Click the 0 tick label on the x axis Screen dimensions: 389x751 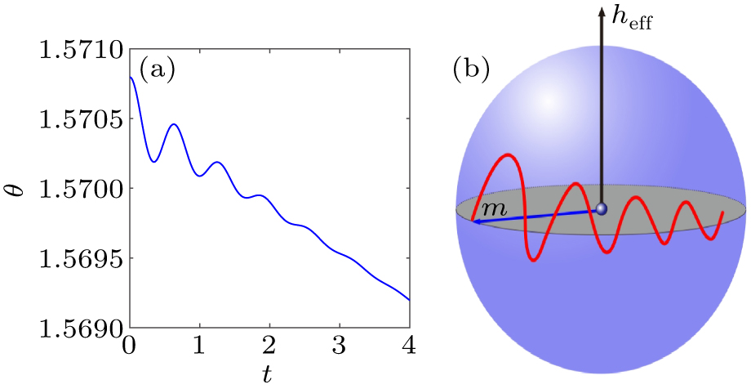coord(129,347)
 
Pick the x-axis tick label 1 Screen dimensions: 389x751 coord(199,347)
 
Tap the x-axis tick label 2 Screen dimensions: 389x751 coord(269,347)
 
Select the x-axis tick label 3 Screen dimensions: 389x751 coord(340,347)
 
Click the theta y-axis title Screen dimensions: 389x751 coord(18,190)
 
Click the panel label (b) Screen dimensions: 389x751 coord(471,71)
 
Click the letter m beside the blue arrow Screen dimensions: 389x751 coord(492,208)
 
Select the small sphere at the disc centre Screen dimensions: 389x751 coord(602,209)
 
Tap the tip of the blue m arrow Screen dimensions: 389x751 coord(474,221)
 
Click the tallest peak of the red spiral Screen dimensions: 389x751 coord(508,154)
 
